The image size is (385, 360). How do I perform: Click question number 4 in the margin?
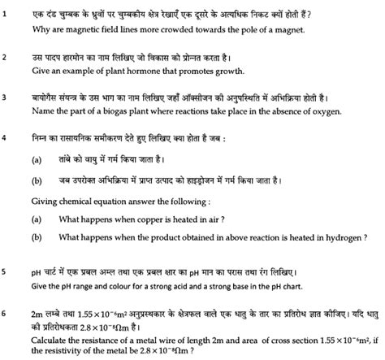(x=6, y=137)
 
